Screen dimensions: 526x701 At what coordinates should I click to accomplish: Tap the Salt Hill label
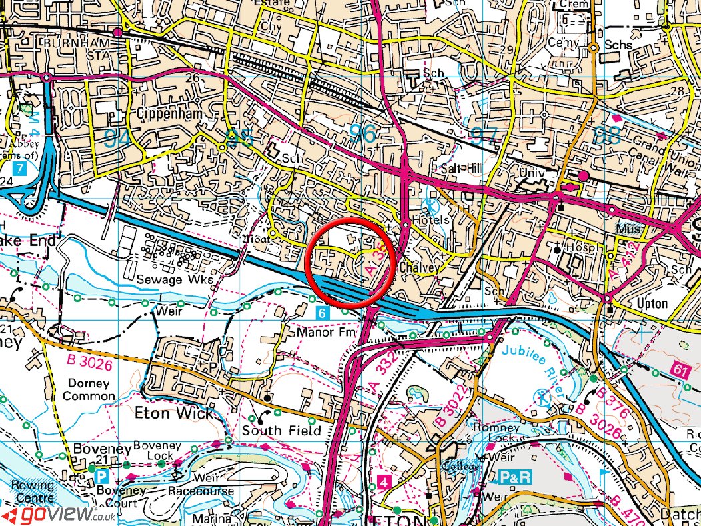[457, 167]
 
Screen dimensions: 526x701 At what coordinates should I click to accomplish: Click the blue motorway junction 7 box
[19, 169]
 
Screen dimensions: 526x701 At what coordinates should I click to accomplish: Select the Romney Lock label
[494, 433]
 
